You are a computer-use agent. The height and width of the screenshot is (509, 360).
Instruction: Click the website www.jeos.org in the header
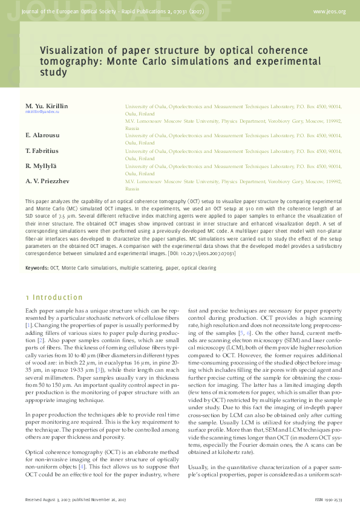(x=329, y=11)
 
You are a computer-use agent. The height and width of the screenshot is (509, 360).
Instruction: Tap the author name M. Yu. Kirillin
(x=47, y=106)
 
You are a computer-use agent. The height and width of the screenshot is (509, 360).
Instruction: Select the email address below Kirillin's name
(x=42, y=112)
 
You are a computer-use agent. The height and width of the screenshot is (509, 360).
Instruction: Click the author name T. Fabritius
(x=42, y=150)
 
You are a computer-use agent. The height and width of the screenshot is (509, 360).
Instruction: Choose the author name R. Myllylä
(x=41, y=166)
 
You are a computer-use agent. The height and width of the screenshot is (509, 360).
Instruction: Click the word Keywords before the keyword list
(x=37, y=267)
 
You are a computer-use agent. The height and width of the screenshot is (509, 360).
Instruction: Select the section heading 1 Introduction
(x=54, y=297)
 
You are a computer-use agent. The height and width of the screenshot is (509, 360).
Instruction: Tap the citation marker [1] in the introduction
(x=28, y=326)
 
